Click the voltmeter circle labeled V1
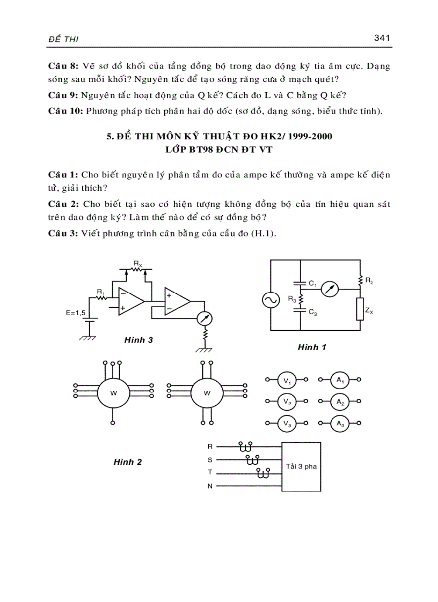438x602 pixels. tap(286, 381)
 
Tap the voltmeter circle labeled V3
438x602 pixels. tap(286, 423)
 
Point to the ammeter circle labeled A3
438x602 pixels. tap(339, 423)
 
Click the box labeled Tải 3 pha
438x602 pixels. tap(302, 466)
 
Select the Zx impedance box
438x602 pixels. tap(359, 309)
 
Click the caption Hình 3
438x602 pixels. tap(138, 339)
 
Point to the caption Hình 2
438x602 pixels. tap(128, 462)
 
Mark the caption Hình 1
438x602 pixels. tap(312, 347)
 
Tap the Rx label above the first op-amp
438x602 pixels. tap(138, 263)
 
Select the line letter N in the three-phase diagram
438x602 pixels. tap(210, 486)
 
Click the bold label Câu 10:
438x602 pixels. tap(65, 111)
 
